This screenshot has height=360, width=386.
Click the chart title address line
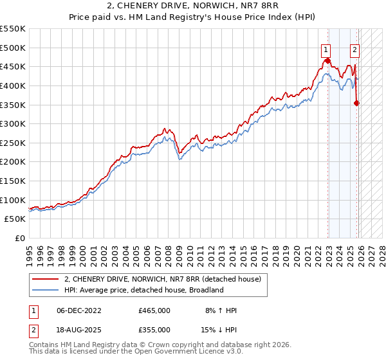click(192, 7)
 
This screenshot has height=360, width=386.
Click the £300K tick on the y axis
click(12, 123)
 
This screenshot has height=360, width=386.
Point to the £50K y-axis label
click(15, 219)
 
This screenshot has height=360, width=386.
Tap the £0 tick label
click(19, 239)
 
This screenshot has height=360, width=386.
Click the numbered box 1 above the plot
click(327, 48)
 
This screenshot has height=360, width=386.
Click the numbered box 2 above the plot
click(354, 48)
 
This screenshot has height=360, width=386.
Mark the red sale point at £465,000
click(327, 61)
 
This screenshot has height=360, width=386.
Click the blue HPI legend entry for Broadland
click(143, 290)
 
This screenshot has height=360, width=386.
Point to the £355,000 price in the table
click(154, 329)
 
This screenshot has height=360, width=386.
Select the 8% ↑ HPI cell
click(219, 310)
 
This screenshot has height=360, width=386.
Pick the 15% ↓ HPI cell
click(219, 329)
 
